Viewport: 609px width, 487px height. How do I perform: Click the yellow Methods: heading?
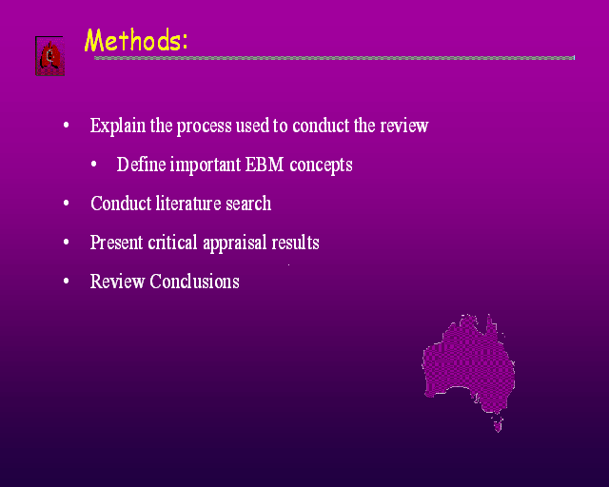(136, 40)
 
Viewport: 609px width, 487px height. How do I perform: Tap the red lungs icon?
(50, 56)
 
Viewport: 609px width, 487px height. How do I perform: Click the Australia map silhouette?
(468, 364)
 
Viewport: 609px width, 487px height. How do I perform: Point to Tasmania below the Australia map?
(498, 423)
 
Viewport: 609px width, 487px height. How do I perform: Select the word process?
(204, 127)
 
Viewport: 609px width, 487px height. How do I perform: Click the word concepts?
(322, 166)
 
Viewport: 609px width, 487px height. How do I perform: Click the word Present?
(116, 243)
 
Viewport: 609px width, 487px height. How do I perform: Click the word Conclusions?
(194, 282)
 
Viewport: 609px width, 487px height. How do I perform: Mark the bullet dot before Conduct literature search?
(66, 204)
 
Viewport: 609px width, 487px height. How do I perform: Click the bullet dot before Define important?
(93, 165)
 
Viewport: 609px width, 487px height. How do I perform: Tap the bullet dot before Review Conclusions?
(66, 281)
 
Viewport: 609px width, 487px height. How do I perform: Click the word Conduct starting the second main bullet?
(121, 204)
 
